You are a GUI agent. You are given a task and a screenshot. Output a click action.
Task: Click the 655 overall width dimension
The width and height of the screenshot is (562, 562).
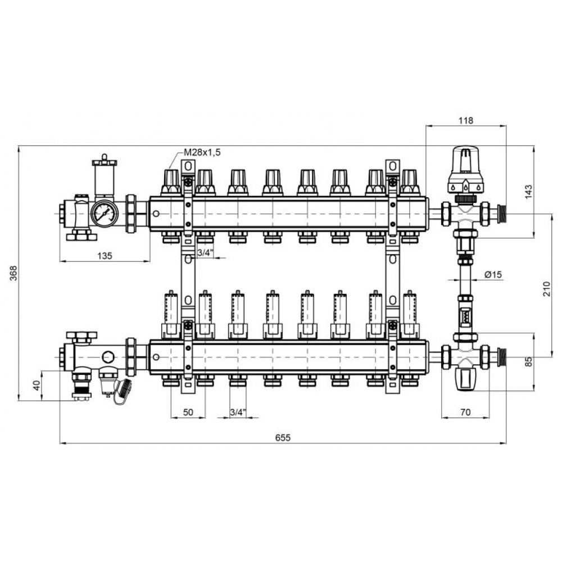pos(283,437)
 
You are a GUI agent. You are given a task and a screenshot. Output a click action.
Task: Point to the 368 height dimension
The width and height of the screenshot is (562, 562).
pos(13,273)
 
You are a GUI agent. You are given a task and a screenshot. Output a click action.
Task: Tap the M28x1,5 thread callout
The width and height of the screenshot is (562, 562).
pos(202,152)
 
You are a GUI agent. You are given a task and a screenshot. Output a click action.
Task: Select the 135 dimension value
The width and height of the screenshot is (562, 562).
pos(105,256)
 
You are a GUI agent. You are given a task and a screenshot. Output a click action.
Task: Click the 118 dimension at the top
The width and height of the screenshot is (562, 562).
pos(466,120)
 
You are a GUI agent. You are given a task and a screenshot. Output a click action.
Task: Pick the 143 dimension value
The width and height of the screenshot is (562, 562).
pos(528,192)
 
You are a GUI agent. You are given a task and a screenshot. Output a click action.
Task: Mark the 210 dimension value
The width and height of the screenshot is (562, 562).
pos(546,289)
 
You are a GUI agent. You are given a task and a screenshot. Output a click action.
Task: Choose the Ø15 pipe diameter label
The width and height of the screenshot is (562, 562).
pos(493,275)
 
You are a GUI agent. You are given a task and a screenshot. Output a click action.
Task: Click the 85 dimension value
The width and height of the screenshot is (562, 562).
pos(528,361)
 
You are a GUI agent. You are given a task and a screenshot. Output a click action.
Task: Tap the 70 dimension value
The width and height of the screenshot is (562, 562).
pos(465,412)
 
